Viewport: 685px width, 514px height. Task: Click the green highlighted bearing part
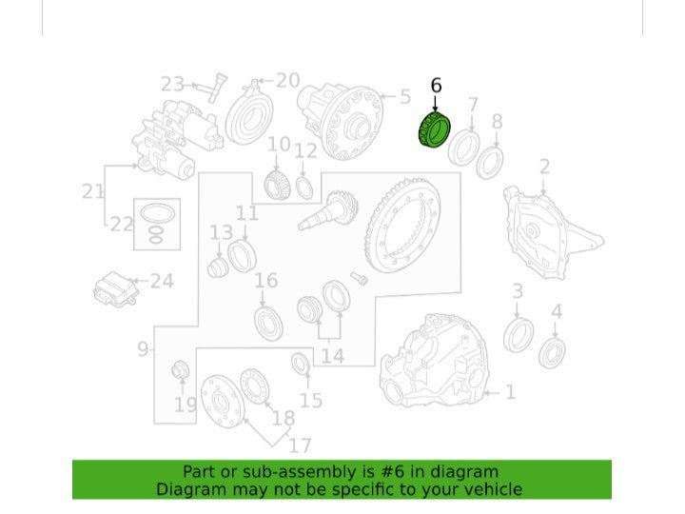coord(434,129)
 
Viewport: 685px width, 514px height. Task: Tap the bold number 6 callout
coord(436,86)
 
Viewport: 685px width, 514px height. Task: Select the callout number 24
coord(162,281)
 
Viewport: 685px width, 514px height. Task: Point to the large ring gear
coord(402,226)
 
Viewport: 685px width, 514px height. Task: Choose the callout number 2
coord(544,167)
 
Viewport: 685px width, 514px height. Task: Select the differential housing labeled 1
coord(434,361)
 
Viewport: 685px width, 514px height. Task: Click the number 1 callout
coord(510,392)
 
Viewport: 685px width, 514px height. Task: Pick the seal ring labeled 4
coord(552,353)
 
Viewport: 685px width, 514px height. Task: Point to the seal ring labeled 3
coord(519,335)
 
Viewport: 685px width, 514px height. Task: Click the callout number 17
coord(300,445)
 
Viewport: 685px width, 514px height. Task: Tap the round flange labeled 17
coord(222,402)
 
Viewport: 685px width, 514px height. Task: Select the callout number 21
coord(93,191)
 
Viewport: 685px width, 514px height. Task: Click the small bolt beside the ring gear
coord(359,278)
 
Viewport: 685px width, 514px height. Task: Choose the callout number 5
coord(405,96)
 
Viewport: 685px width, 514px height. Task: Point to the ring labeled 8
coord(489,163)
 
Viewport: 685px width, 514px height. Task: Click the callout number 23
coord(173,84)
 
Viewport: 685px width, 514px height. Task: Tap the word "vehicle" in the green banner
coord(494,489)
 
